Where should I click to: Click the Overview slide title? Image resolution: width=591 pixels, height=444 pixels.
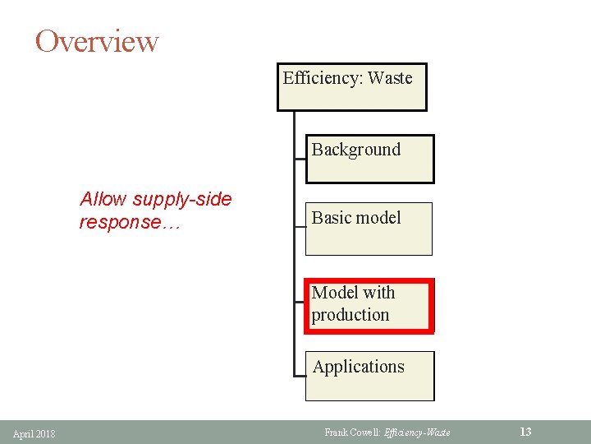tap(97, 40)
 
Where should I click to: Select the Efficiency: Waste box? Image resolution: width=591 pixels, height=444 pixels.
tap(351, 86)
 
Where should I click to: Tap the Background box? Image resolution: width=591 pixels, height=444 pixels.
tap(369, 159)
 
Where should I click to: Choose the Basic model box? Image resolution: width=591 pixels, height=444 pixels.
tap(369, 229)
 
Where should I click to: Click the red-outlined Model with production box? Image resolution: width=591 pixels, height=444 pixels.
tap(369, 305)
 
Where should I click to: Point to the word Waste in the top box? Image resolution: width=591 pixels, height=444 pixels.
tap(390, 78)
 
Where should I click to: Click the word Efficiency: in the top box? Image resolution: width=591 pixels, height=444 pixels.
tap(323, 78)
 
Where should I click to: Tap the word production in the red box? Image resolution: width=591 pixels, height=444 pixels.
tap(350, 315)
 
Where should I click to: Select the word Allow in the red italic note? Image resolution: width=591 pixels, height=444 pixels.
tap(103, 199)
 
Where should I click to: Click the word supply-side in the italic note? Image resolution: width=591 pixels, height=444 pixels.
tap(181, 199)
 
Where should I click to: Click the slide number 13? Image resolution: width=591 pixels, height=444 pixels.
tap(526, 432)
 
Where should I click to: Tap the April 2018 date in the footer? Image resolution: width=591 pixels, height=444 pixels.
tap(34, 433)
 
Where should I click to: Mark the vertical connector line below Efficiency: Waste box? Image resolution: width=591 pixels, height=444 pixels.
tap(294, 247)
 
